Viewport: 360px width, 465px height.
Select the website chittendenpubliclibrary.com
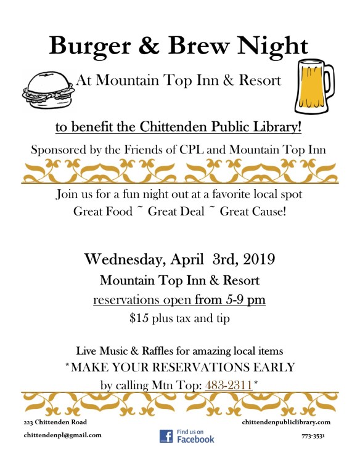287,422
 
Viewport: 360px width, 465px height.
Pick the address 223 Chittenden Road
55,422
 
